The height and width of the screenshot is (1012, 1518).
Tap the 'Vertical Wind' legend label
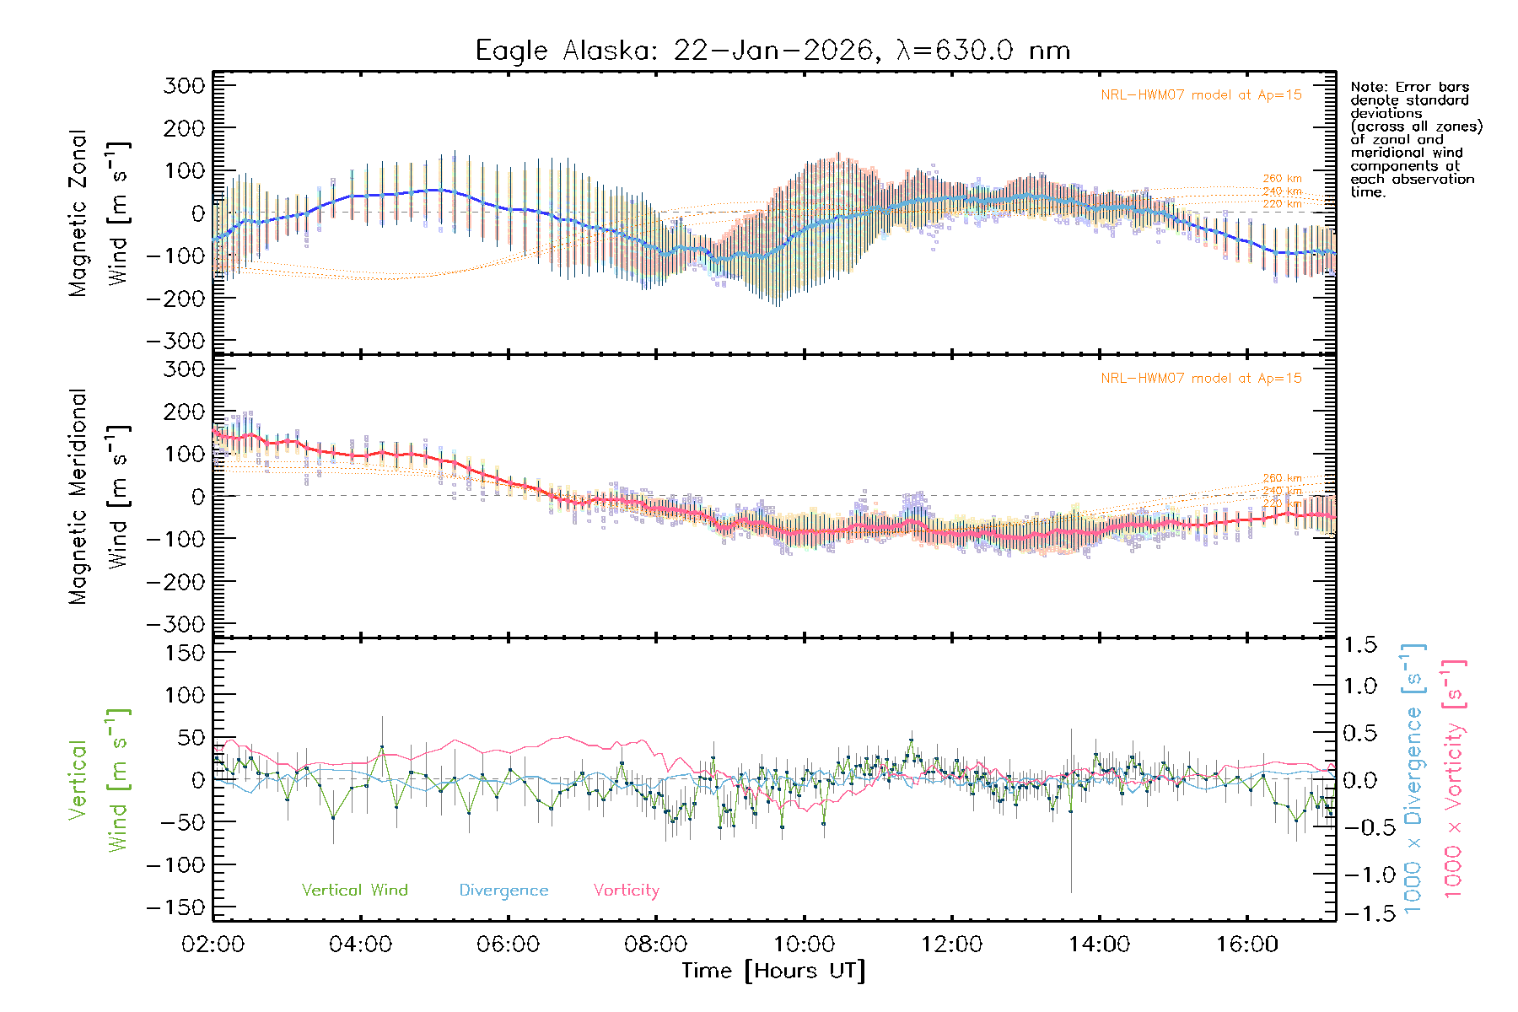coord(354,890)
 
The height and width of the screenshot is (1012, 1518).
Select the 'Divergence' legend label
coord(503,890)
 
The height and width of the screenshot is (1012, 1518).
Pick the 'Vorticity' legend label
coord(626,890)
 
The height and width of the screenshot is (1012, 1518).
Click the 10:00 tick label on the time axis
coord(804,945)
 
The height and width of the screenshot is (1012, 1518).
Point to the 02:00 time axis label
coord(213,945)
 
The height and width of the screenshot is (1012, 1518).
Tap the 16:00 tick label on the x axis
coord(1246,945)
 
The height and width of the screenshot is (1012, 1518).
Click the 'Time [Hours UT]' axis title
coord(773,971)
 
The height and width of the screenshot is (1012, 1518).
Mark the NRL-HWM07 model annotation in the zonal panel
coord(1201,95)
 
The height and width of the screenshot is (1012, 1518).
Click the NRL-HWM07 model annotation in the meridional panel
coord(1201,379)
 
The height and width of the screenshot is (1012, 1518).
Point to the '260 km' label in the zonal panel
coord(1282,179)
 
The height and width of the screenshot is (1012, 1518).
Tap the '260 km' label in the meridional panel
coord(1282,478)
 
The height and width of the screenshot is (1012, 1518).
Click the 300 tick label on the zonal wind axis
coord(184,85)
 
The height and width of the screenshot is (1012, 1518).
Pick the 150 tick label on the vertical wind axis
coord(184,653)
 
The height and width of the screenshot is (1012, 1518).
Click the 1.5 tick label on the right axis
coord(1359,645)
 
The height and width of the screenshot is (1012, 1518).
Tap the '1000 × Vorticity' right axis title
coord(1454,778)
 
